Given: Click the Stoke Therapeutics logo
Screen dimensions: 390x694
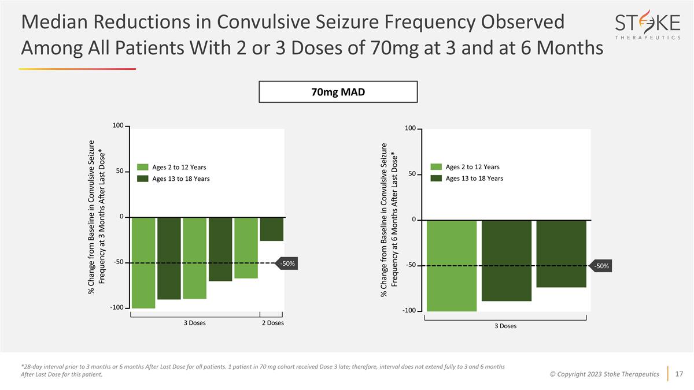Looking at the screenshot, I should point(647,27).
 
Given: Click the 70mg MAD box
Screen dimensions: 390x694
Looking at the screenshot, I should point(338,92).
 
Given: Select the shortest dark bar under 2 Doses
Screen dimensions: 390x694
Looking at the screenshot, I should point(271,229).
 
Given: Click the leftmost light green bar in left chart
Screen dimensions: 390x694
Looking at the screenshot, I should point(143,263).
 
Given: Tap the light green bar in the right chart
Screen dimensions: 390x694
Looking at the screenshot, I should point(452,266).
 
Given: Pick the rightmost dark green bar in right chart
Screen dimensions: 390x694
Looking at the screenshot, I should point(561,254).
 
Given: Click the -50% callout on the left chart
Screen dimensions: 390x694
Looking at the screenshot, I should point(287,263).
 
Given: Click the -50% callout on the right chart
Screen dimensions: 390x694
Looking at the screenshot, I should point(601,266).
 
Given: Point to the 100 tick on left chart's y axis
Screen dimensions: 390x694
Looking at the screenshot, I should point(118,126).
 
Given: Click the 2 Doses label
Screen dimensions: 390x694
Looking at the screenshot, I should point(272,323).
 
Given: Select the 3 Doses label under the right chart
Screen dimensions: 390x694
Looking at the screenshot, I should point(505,326).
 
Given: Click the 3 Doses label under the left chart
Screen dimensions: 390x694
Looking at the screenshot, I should point(194,323).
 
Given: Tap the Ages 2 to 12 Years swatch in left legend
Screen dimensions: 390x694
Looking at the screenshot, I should point(143,167).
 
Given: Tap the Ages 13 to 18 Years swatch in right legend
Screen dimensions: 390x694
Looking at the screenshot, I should point(437,178).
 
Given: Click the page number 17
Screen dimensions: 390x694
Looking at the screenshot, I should point(680,374).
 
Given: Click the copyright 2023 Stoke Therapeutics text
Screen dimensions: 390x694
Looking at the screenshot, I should point(605,374).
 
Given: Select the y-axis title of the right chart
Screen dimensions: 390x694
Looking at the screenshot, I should point(390,221).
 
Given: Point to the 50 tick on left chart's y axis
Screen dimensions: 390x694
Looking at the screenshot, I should point(120,172).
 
